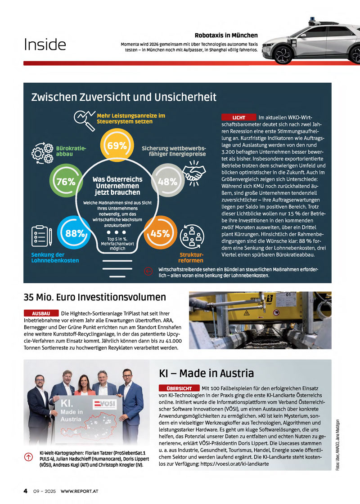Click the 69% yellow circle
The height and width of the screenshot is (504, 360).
coord(117,145)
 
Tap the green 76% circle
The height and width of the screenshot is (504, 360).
coord(66,181)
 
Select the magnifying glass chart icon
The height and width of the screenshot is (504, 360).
coord(84,119)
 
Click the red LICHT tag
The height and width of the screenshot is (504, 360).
coord(238,117)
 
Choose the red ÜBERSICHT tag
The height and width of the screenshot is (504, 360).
coord(179,388)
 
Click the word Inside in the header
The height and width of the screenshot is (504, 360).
coord(45,45)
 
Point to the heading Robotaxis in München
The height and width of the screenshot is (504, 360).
coord(226,35)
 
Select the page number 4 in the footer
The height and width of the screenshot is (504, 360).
coord(26,491)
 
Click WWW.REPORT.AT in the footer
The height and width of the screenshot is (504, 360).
coord(80,491)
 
